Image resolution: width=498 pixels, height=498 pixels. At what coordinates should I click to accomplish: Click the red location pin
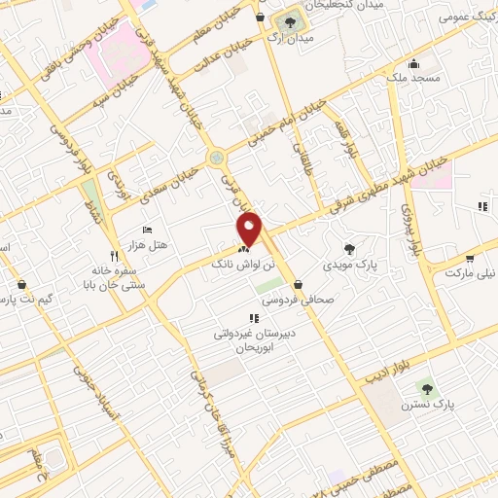pyautogui.click(x=250, y=229)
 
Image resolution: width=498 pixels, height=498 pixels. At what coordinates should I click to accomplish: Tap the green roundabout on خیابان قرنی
pyautogui.click(x=216, y=157)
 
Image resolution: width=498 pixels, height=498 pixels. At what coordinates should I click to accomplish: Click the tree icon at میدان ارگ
pyautogui.click(x=288, y=20)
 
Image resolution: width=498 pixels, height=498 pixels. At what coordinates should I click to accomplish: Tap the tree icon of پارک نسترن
pyautogui.click(x=426, y=389)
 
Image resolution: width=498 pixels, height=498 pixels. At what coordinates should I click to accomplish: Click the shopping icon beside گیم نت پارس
pyautogui.click(x=21, y=285)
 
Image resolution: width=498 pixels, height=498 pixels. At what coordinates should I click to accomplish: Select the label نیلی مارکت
pyautogui.click(x=473, y=273)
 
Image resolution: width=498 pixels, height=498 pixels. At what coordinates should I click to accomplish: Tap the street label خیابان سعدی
pyautogui.click(x=171, y=184)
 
